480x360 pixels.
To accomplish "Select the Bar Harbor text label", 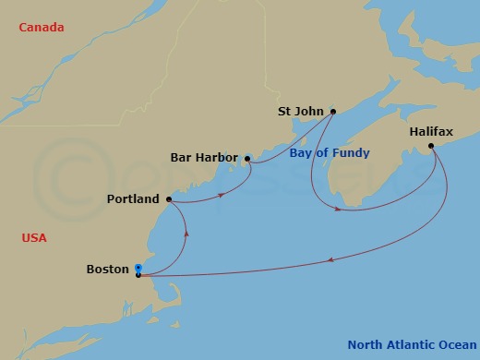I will click(x=204, y=158).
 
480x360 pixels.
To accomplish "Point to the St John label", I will click(x=301, y=112).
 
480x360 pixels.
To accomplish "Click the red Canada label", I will click(x=41, y=28).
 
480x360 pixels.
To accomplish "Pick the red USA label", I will click(x=34, y=238).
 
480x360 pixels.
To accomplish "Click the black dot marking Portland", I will click(x=169, y=198).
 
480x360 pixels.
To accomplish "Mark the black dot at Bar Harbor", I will click(x=247, y=159).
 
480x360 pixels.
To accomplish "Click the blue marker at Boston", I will click(x=138, y=269).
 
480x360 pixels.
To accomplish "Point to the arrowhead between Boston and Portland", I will click(x=186, y=233).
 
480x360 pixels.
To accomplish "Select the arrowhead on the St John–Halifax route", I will click(x=339, y=210).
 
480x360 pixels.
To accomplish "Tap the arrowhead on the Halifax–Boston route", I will click(x=330, y=259).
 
